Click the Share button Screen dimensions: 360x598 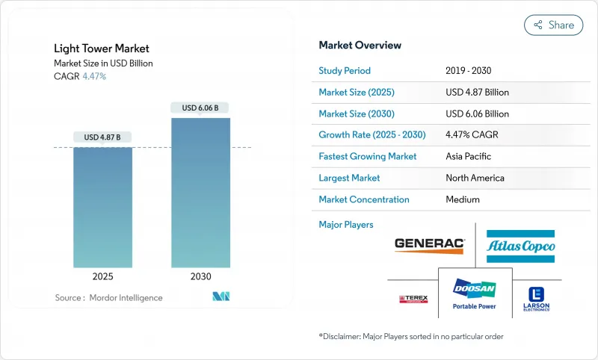553,25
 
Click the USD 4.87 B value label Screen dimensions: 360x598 102,137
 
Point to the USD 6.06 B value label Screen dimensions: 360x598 200,108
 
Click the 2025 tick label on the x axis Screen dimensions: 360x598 102,276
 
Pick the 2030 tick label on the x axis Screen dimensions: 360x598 200,276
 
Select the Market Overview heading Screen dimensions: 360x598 360,46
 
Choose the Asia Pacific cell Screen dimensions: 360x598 469,157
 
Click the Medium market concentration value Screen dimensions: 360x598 463,199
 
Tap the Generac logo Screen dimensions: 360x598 429,243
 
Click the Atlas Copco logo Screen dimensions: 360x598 520,246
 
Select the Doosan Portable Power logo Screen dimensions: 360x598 475,292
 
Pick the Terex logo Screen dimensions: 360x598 413,299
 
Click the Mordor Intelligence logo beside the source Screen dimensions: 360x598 221,297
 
